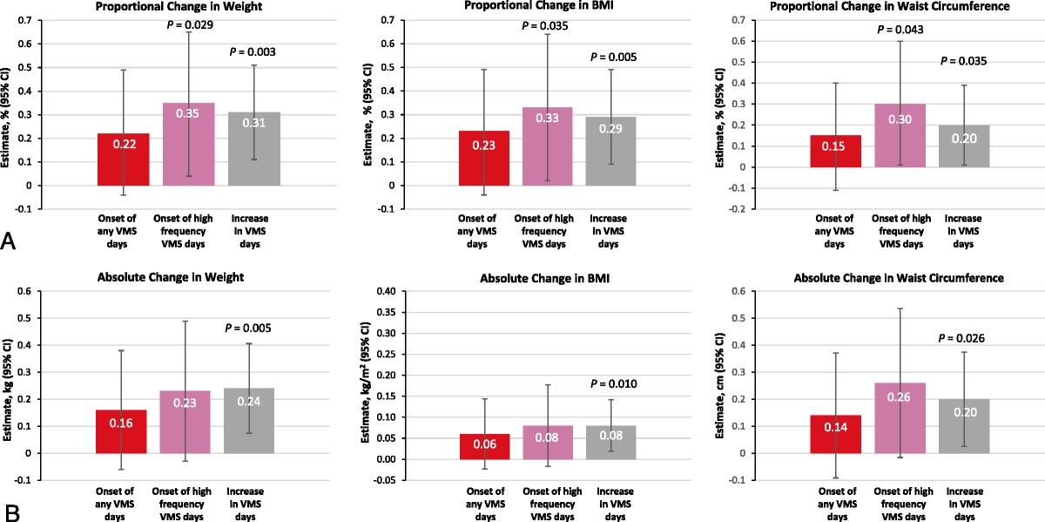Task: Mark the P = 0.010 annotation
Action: tap(613, 383)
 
